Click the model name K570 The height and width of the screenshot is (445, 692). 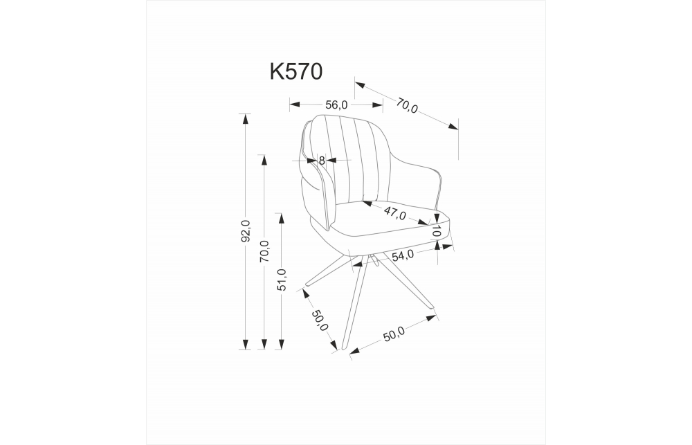click(295, 71)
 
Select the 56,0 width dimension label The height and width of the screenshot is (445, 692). click(336, 105)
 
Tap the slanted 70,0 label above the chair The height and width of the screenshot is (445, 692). click(407, 106)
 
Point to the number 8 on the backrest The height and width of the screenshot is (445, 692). click(322, 160)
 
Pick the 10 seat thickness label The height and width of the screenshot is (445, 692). click(437, 232)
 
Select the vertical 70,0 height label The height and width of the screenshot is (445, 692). click(264, 251)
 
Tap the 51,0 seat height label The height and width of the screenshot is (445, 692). click(282, 280)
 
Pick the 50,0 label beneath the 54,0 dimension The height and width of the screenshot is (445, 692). click(393, 336)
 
